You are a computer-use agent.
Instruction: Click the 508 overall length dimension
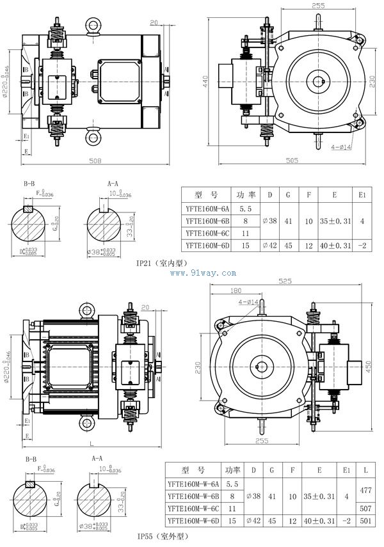coord(95,161)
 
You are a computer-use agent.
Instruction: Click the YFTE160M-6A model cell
coord(207,209)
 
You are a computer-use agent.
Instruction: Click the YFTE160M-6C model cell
coord(207,233)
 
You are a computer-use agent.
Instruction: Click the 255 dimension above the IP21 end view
coord(318,6)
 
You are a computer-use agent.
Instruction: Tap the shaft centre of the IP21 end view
coord(318,81)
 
